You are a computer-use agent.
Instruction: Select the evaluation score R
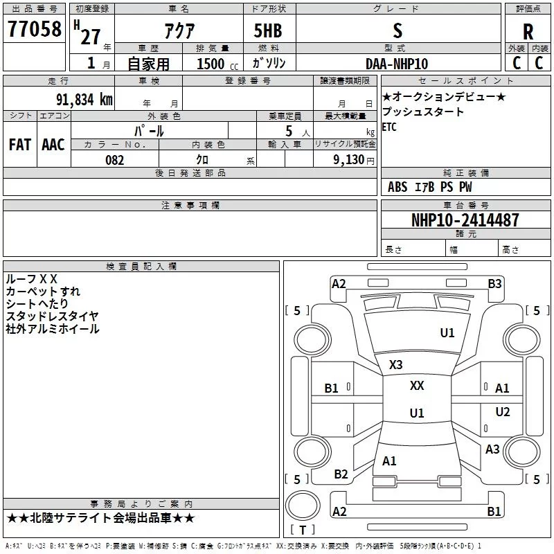pos(528,31)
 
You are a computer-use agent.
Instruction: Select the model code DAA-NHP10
pos(397,64)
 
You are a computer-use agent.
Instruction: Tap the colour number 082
pos(114,160)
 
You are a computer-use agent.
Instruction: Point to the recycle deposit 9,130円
pos(353,160)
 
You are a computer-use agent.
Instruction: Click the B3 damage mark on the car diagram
pos(494,283)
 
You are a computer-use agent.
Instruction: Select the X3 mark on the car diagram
pos(395,365)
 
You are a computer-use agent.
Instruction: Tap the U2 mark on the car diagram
pos(503,412)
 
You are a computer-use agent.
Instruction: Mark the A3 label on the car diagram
pos(492,449)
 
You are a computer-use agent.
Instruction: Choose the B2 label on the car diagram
pos(341,474)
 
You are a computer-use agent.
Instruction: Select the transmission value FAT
pos(19,144)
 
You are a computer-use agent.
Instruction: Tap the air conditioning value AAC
pos(53,144)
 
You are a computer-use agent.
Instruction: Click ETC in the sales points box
pos(389,127)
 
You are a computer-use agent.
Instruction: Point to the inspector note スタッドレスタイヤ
pos(52,316)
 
